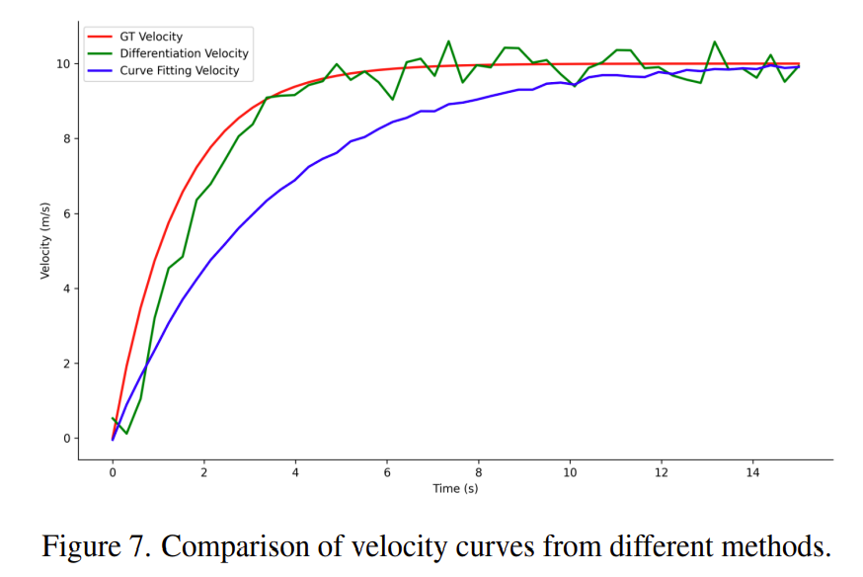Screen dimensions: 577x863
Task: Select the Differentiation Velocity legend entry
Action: (183, 53)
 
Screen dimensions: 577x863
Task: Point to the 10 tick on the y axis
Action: (62, 63)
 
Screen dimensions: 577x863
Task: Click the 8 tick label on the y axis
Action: (65, 138)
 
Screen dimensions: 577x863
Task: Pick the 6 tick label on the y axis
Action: (65, 213)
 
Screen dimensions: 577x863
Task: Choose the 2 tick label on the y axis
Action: (65, 364)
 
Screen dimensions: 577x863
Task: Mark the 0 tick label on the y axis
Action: (65, 439)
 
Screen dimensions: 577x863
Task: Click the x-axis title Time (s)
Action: (455, 489)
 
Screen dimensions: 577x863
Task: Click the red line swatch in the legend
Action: (99, 37)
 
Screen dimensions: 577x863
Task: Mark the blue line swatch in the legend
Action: (99, 71)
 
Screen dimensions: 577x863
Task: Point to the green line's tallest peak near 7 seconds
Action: (448, 41)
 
